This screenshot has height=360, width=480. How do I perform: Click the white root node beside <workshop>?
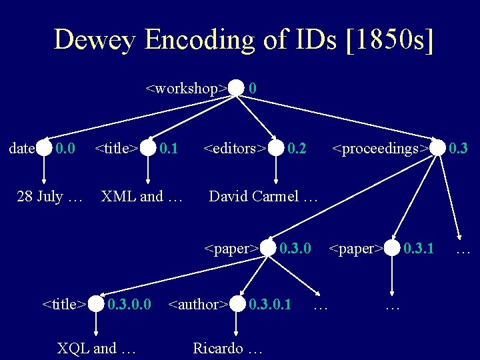236,88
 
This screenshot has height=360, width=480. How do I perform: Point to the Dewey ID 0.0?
65,148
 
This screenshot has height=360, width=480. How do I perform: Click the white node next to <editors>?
276,148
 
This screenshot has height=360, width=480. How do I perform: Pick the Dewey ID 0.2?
297,148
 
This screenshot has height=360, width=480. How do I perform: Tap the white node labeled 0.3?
437,148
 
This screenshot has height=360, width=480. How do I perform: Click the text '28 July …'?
49,197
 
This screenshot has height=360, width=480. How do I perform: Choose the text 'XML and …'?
141,197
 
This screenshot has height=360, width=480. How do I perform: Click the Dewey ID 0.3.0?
295,249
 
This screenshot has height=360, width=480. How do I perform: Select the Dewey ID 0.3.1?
419,249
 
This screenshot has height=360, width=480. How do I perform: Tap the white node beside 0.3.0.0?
97,305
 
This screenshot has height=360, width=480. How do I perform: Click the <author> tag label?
199,305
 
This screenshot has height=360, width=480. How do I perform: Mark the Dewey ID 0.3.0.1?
270,305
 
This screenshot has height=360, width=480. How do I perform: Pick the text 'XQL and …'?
97,348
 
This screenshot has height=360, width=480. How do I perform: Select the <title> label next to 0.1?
117,148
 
